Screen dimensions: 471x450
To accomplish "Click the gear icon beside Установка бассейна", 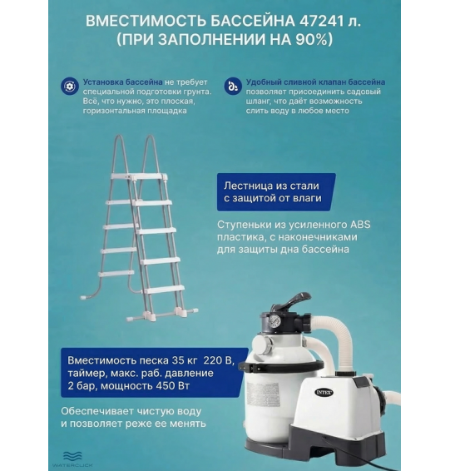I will click(70, 85).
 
